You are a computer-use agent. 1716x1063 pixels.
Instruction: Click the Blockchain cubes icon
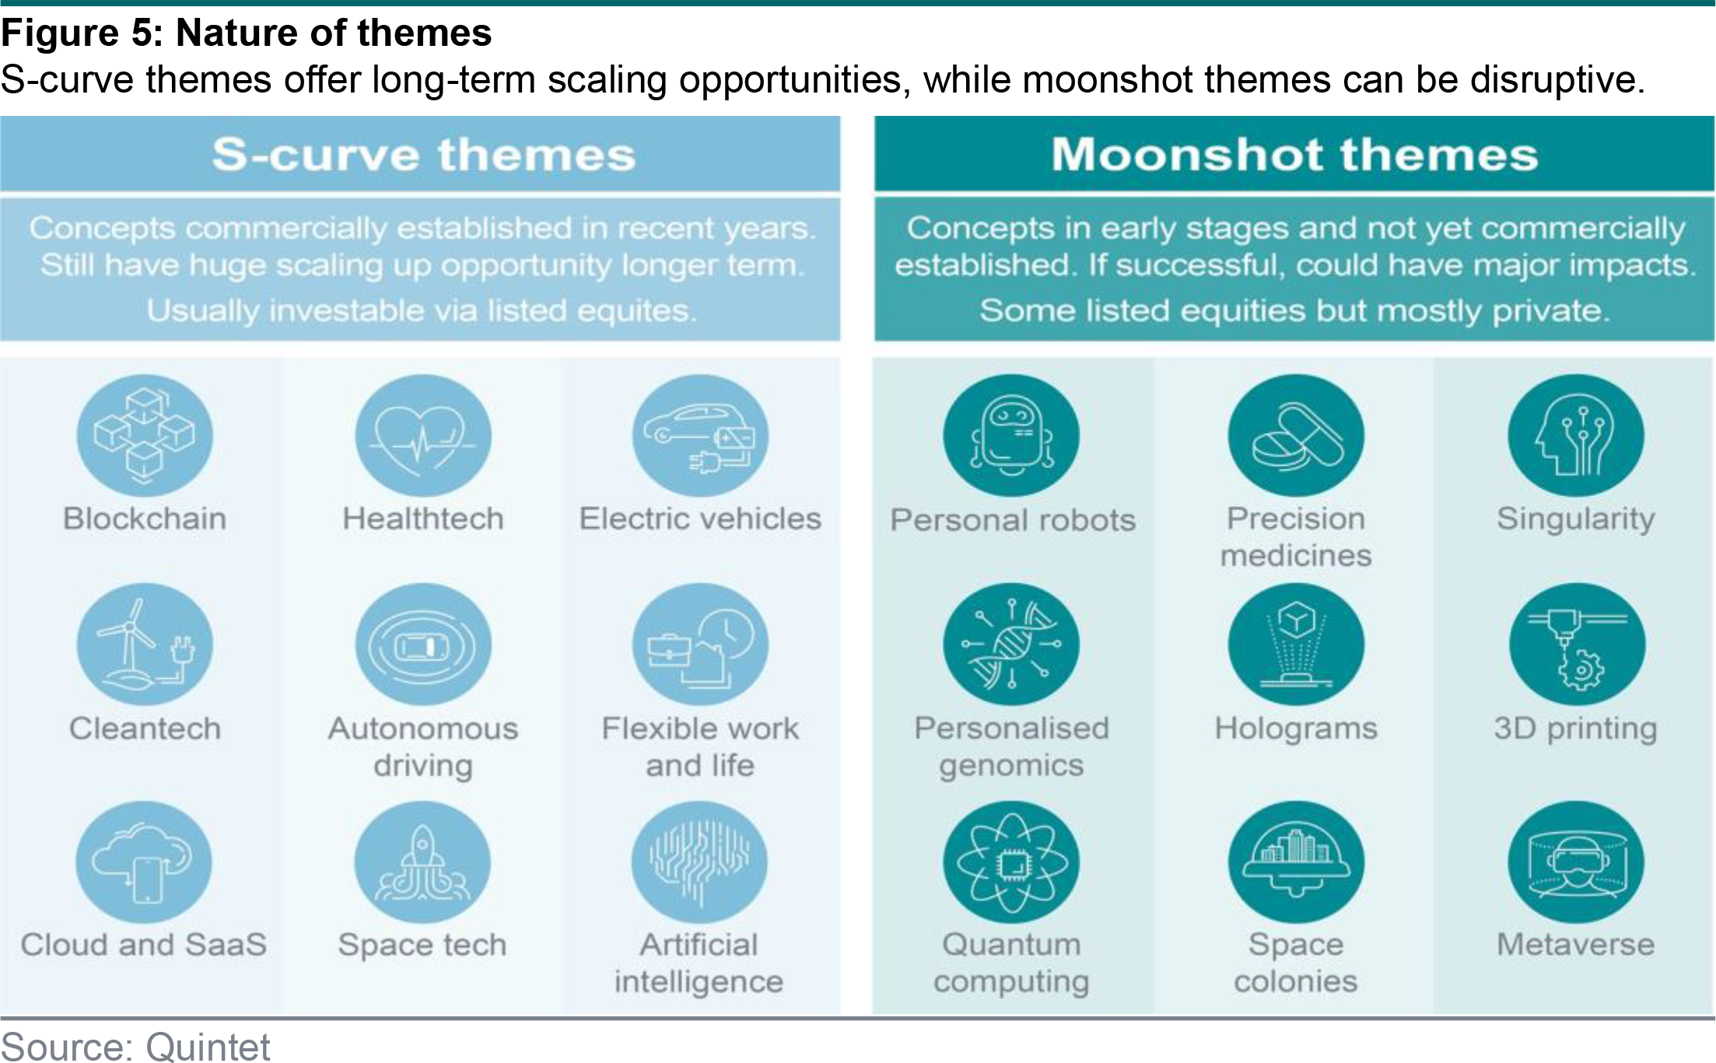pos(145,435)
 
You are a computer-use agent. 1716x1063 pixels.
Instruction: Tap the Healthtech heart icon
pos(423,435)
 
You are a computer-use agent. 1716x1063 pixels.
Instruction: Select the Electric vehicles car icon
pos(700,435)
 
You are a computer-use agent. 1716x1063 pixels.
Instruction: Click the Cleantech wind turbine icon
pos(145,645)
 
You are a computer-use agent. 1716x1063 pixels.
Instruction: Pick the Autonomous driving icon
pos(423,645)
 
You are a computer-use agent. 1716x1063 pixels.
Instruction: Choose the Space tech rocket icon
pos(422,862)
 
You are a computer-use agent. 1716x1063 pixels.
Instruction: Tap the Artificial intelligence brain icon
pos(699,862)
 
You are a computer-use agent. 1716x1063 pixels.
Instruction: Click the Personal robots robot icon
pos(1011,435)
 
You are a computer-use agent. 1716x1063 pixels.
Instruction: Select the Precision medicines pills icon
pos(1296,435)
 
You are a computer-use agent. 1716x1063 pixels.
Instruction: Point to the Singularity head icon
pos(1576,435)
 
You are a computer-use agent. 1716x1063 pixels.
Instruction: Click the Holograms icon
pos(1296,645)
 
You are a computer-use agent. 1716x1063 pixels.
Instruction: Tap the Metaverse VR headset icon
pos(1576,862)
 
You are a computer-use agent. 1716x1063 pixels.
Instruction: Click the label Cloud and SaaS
pos(144,944)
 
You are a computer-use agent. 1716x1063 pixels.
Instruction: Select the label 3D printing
pos(1576,729)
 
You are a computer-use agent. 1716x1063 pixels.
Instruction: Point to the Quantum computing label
pos(1011,963)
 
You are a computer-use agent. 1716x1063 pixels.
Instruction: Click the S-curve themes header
pos(424,154)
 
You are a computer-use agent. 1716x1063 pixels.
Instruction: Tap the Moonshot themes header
pos(1295,154)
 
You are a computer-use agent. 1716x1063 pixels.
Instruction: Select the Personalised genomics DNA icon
pos(1011,645)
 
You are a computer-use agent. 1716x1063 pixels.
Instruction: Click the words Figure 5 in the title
pos(81,33)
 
